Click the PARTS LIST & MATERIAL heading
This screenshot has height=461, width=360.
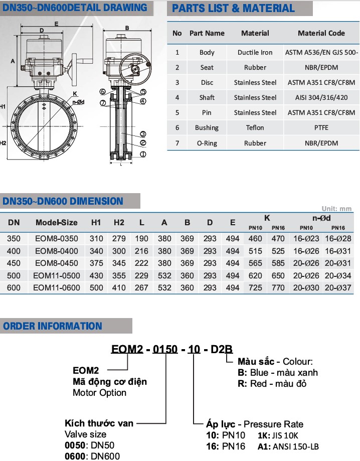[x=234, y=9]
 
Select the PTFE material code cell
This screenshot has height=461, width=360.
[x=321, y=128]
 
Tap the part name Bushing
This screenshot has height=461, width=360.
[x=207, y=128]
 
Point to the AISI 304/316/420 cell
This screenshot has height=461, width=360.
[x=321, y=97]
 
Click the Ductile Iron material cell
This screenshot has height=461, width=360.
[x=255, y=52]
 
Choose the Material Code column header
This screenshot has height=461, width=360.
[x=321, y=33]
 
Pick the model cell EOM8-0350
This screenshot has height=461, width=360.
[x=56, y=238]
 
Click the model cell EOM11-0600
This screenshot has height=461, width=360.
[x=55, y=287]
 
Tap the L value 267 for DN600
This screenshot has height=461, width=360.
[x=142, y=287]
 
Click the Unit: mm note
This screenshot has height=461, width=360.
[x=336, y=209]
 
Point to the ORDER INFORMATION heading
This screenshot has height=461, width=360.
[x=53, y=326]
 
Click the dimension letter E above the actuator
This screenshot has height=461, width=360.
[x=56, y=24]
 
